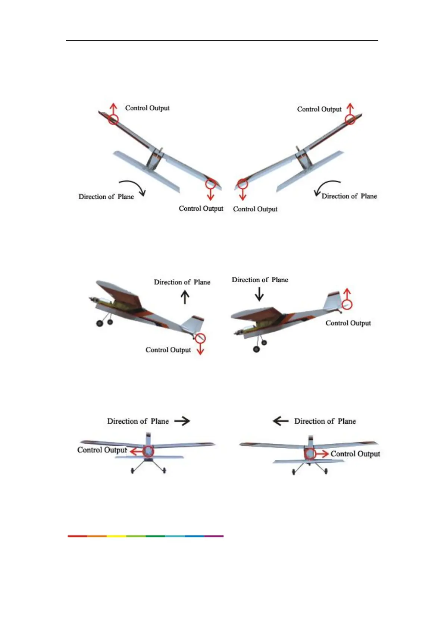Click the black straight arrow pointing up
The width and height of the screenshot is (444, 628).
[x=185, y=297]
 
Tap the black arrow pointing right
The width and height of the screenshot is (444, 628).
[x=182, y=421]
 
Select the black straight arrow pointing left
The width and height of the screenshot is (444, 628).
[x=281, y=421]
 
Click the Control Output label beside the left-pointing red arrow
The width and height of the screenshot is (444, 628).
[x=102, y=450]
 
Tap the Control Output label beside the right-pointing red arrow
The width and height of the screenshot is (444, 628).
[x=355, y=454]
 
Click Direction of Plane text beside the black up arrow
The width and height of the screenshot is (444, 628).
[x=182, y=282]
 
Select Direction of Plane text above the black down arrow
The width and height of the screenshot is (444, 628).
[x=260, y=280]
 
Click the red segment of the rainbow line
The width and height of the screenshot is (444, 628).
[x=77, y=536]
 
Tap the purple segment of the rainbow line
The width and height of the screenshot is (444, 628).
[x=214, y=536]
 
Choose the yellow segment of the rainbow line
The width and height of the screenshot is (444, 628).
[x=116, y=536]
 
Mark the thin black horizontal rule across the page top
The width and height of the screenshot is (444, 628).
[x=222, y=40]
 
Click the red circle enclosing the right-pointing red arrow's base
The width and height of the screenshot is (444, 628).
[x=310, y=454]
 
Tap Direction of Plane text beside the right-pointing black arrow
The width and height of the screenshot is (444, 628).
[x=138, y=421]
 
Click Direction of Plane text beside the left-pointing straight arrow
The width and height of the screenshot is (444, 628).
[x=325, y=421]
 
